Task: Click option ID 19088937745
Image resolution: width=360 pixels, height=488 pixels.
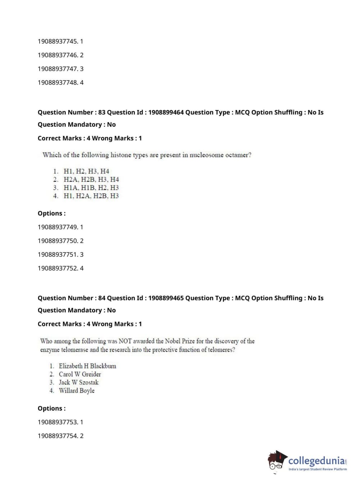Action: pyautogui.click(x=58, y=41)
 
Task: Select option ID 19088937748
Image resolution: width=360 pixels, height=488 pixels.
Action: pyautogui.click(x=58, y=82)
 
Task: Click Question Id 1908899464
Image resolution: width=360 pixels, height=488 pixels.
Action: pyautogui.click(x=166, y=112)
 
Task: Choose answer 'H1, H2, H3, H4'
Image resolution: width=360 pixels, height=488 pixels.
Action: pyautogui.click(x=86, y=171)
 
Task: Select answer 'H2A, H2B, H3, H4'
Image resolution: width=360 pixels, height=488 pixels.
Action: pyautogui.click(x=91, y=179)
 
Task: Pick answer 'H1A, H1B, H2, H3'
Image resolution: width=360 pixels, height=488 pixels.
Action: pyautogui.click(x=91, y=187)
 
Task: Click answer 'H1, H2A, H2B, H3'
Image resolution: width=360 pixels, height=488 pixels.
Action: pyautogui.click(x=91, y=196)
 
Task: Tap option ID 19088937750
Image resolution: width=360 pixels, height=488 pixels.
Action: pyautogui.click(x=58, y=241)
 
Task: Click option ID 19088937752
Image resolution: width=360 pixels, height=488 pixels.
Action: pyautogui.click(x=58, y=268)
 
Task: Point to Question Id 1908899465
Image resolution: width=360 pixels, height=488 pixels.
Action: pyautogui.click(x=166, y=298)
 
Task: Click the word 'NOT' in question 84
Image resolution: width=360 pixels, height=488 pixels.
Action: pyautogui.click(x=125, y=341)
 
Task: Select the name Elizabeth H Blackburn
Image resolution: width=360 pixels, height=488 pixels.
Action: pyautogui.click(x=87, y=366)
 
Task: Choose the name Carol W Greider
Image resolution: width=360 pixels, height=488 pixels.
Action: pyautogui.click(x=80, y=374)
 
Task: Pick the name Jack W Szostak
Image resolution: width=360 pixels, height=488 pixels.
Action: pyautogui.click(x=78, y=383)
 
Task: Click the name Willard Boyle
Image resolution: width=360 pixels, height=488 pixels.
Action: pyautogui.click(x=77, y=391)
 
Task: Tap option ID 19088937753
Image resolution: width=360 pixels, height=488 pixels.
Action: pyautogui.click(x=58, y=422)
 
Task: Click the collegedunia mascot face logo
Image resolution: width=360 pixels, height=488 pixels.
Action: pyautogui.click(x=277, y=461)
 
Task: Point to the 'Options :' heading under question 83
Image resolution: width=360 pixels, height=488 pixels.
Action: pyautogui.click(x=52, y=213)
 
